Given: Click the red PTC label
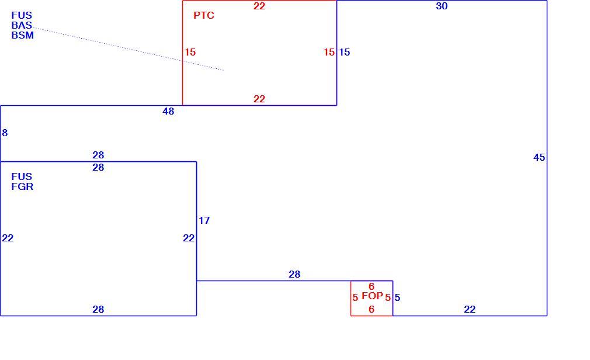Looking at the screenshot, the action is click(x=203, y=15).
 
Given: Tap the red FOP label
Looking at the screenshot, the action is click(x=372, y=296).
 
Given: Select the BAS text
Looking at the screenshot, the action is click(x=22, y=25).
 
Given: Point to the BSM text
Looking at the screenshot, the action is click(x=23, y=35).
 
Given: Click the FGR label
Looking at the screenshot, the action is click(x=22, y=186).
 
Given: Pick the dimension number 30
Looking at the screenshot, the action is click(x=442, y=6).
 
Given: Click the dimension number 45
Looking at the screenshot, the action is click(x=539, y=157).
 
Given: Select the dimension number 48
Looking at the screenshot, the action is click(x=168, y=111).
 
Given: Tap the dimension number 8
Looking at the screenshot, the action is click(x=5, y=133).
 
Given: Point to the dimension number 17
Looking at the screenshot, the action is click(x=204, y=220).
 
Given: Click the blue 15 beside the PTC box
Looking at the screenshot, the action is click(x=344, y=52).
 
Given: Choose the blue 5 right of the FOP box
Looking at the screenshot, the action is click(x=397, y=297).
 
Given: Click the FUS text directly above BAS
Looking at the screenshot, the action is click(x=22, y=15).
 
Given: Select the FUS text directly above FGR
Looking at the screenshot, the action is click(x=22, y=176).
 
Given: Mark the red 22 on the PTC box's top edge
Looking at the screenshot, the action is click(x=259, y=6).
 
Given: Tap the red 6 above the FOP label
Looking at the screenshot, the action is click(x=372, y=286).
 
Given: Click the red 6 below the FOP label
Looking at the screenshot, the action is click(x=372, y=309).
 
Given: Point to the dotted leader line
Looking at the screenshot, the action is click(x=128, y=49).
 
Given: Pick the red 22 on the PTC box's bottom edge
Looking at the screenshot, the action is click(x=259, y=99).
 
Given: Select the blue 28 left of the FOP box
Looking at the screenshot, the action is click(x=294, y=274).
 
